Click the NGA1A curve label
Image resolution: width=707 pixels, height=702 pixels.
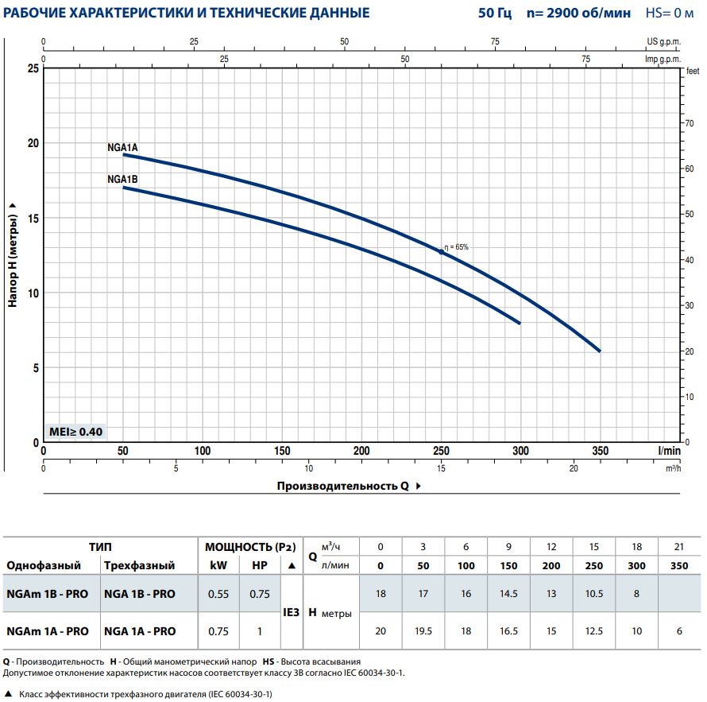122,148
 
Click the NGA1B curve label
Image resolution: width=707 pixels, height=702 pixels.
122,180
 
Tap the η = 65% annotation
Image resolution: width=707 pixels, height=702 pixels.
457,247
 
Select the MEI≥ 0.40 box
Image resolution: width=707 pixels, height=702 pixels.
75,432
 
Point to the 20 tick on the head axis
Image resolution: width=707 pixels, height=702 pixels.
33,143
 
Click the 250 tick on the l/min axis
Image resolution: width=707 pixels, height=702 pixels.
441,451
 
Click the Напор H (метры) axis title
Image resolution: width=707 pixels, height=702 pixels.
13,254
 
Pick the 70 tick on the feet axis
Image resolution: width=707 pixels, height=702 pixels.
689,123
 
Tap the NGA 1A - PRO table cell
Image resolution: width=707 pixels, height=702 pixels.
140,631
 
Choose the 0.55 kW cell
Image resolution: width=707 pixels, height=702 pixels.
218,594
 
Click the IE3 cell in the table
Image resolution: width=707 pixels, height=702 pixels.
291,613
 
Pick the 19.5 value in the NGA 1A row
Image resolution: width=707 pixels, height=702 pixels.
423,631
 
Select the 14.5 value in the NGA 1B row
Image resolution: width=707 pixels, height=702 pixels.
509,594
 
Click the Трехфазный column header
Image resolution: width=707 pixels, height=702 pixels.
139,566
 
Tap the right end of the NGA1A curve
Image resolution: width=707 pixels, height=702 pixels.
600,351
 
